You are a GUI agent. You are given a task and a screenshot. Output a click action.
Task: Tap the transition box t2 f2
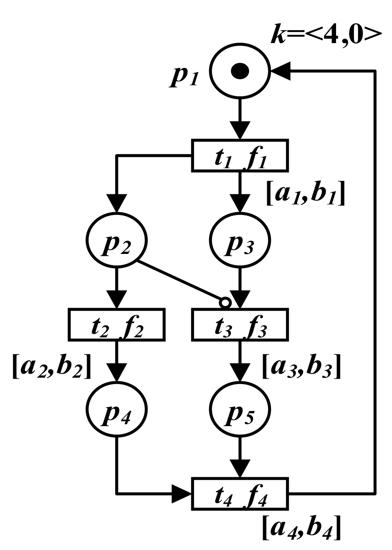coord(116,324)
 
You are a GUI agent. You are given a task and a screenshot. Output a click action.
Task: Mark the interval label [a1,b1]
coord(306,195)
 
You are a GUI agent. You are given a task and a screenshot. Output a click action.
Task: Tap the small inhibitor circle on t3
coord(225,303)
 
